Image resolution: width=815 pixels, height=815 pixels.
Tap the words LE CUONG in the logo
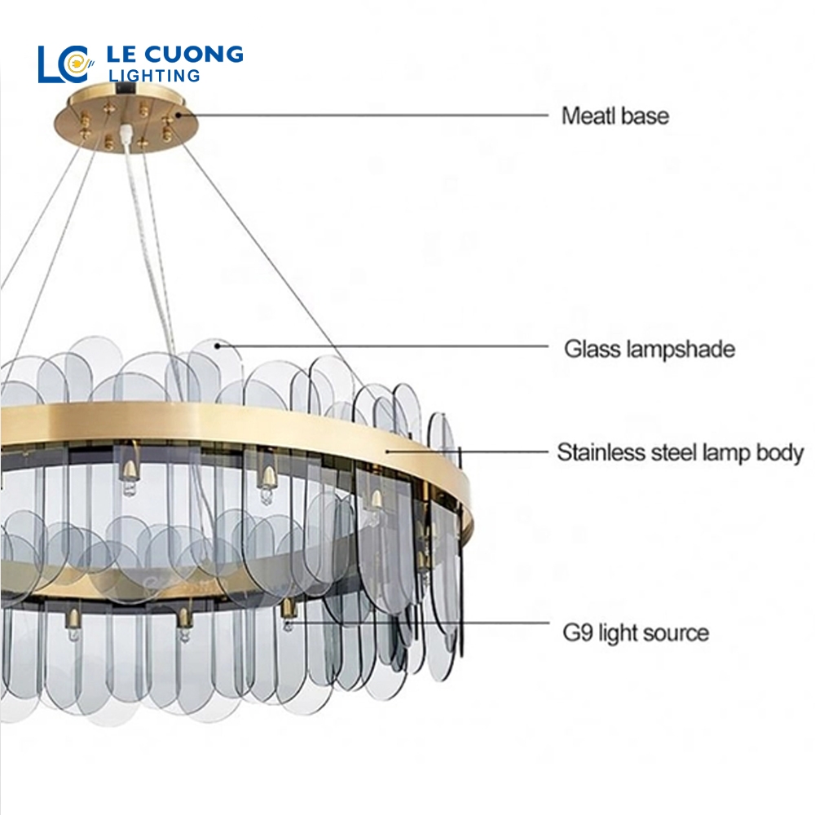tap(175, 55)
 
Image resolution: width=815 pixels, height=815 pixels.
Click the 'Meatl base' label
tap(615, 116)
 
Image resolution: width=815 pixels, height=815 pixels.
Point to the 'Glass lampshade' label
tap(650, 350)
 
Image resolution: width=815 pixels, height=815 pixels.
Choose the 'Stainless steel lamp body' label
tap(680, 453)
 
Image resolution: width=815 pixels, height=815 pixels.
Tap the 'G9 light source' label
tap(636, 632)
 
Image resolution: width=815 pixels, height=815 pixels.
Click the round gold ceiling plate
tap(130, 119)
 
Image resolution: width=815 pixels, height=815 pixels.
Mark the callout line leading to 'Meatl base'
tap(367, 116)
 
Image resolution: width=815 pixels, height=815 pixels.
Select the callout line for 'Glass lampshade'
tap(383, 346)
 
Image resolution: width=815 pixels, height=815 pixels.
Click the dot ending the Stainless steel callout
tap(389, 449)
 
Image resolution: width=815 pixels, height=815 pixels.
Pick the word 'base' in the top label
tap(644, 116)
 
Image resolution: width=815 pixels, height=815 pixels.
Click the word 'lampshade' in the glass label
tap(681, 350)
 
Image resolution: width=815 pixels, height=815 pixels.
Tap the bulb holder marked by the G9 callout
tap(289, 611)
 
